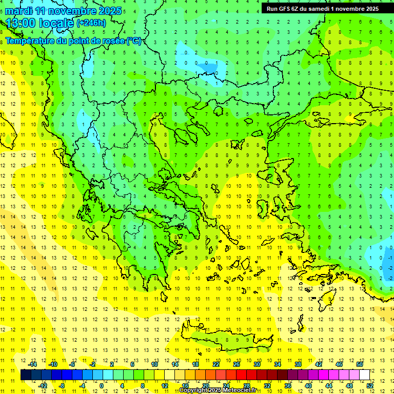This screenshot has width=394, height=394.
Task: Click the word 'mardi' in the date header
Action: (19, 11)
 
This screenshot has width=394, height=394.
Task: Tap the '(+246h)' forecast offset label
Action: (91, 23)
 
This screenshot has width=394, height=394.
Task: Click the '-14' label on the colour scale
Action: (33, 364)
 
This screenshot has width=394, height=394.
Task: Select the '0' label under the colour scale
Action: (102, 385)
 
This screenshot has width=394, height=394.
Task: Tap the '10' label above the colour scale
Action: (154, 364)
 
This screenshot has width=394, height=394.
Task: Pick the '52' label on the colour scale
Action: (370, 385)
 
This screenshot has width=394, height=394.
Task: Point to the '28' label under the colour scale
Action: (246, 385)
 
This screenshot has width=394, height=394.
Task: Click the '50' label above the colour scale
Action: (360, 364)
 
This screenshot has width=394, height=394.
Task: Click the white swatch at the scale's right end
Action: (364, 375)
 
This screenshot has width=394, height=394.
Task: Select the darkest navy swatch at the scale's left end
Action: (26, 375)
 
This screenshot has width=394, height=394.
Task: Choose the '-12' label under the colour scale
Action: (43, 385)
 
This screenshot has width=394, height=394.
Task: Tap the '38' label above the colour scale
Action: (298, 364)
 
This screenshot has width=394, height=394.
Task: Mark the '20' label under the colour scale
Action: (205, 385)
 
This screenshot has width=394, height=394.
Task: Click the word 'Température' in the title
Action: (30, 41)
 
